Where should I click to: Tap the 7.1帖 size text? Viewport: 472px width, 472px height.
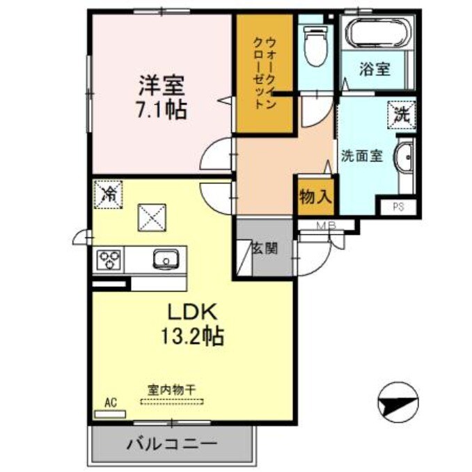coord(161,109)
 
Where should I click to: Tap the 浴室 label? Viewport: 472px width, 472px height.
coord(375,69)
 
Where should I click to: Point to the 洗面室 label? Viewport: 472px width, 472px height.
coord(361,155)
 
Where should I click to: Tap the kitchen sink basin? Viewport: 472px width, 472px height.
coord(166,259)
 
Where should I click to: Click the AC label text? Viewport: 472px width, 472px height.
coord(109,402)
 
